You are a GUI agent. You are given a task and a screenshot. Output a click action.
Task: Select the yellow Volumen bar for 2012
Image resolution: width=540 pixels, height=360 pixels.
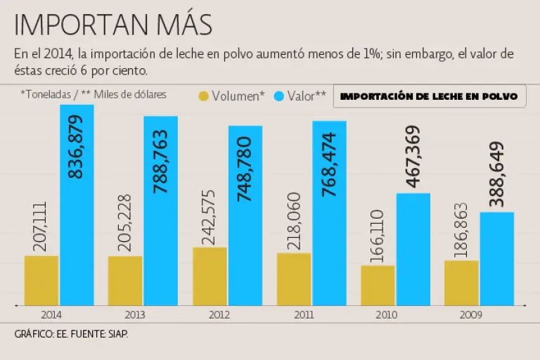click(x=210, y=276)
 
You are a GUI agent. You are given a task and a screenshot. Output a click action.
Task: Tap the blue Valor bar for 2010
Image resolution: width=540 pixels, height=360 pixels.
click(x=413, y=250)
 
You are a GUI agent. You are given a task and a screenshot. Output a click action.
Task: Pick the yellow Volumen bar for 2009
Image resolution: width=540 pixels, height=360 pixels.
click(x=461, y=283)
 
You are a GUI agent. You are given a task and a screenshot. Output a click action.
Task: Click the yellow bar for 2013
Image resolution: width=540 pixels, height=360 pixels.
click(x=125, y=281)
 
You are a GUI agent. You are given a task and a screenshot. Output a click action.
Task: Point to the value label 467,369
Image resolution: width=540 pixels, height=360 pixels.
click(x=413, y=157)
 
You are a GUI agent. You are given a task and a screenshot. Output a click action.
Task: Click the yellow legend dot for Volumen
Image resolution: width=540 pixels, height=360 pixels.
click(x=204, y=96)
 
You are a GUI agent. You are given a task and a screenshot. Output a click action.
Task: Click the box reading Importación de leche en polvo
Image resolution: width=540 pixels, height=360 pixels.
click(x=429, y=96)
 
